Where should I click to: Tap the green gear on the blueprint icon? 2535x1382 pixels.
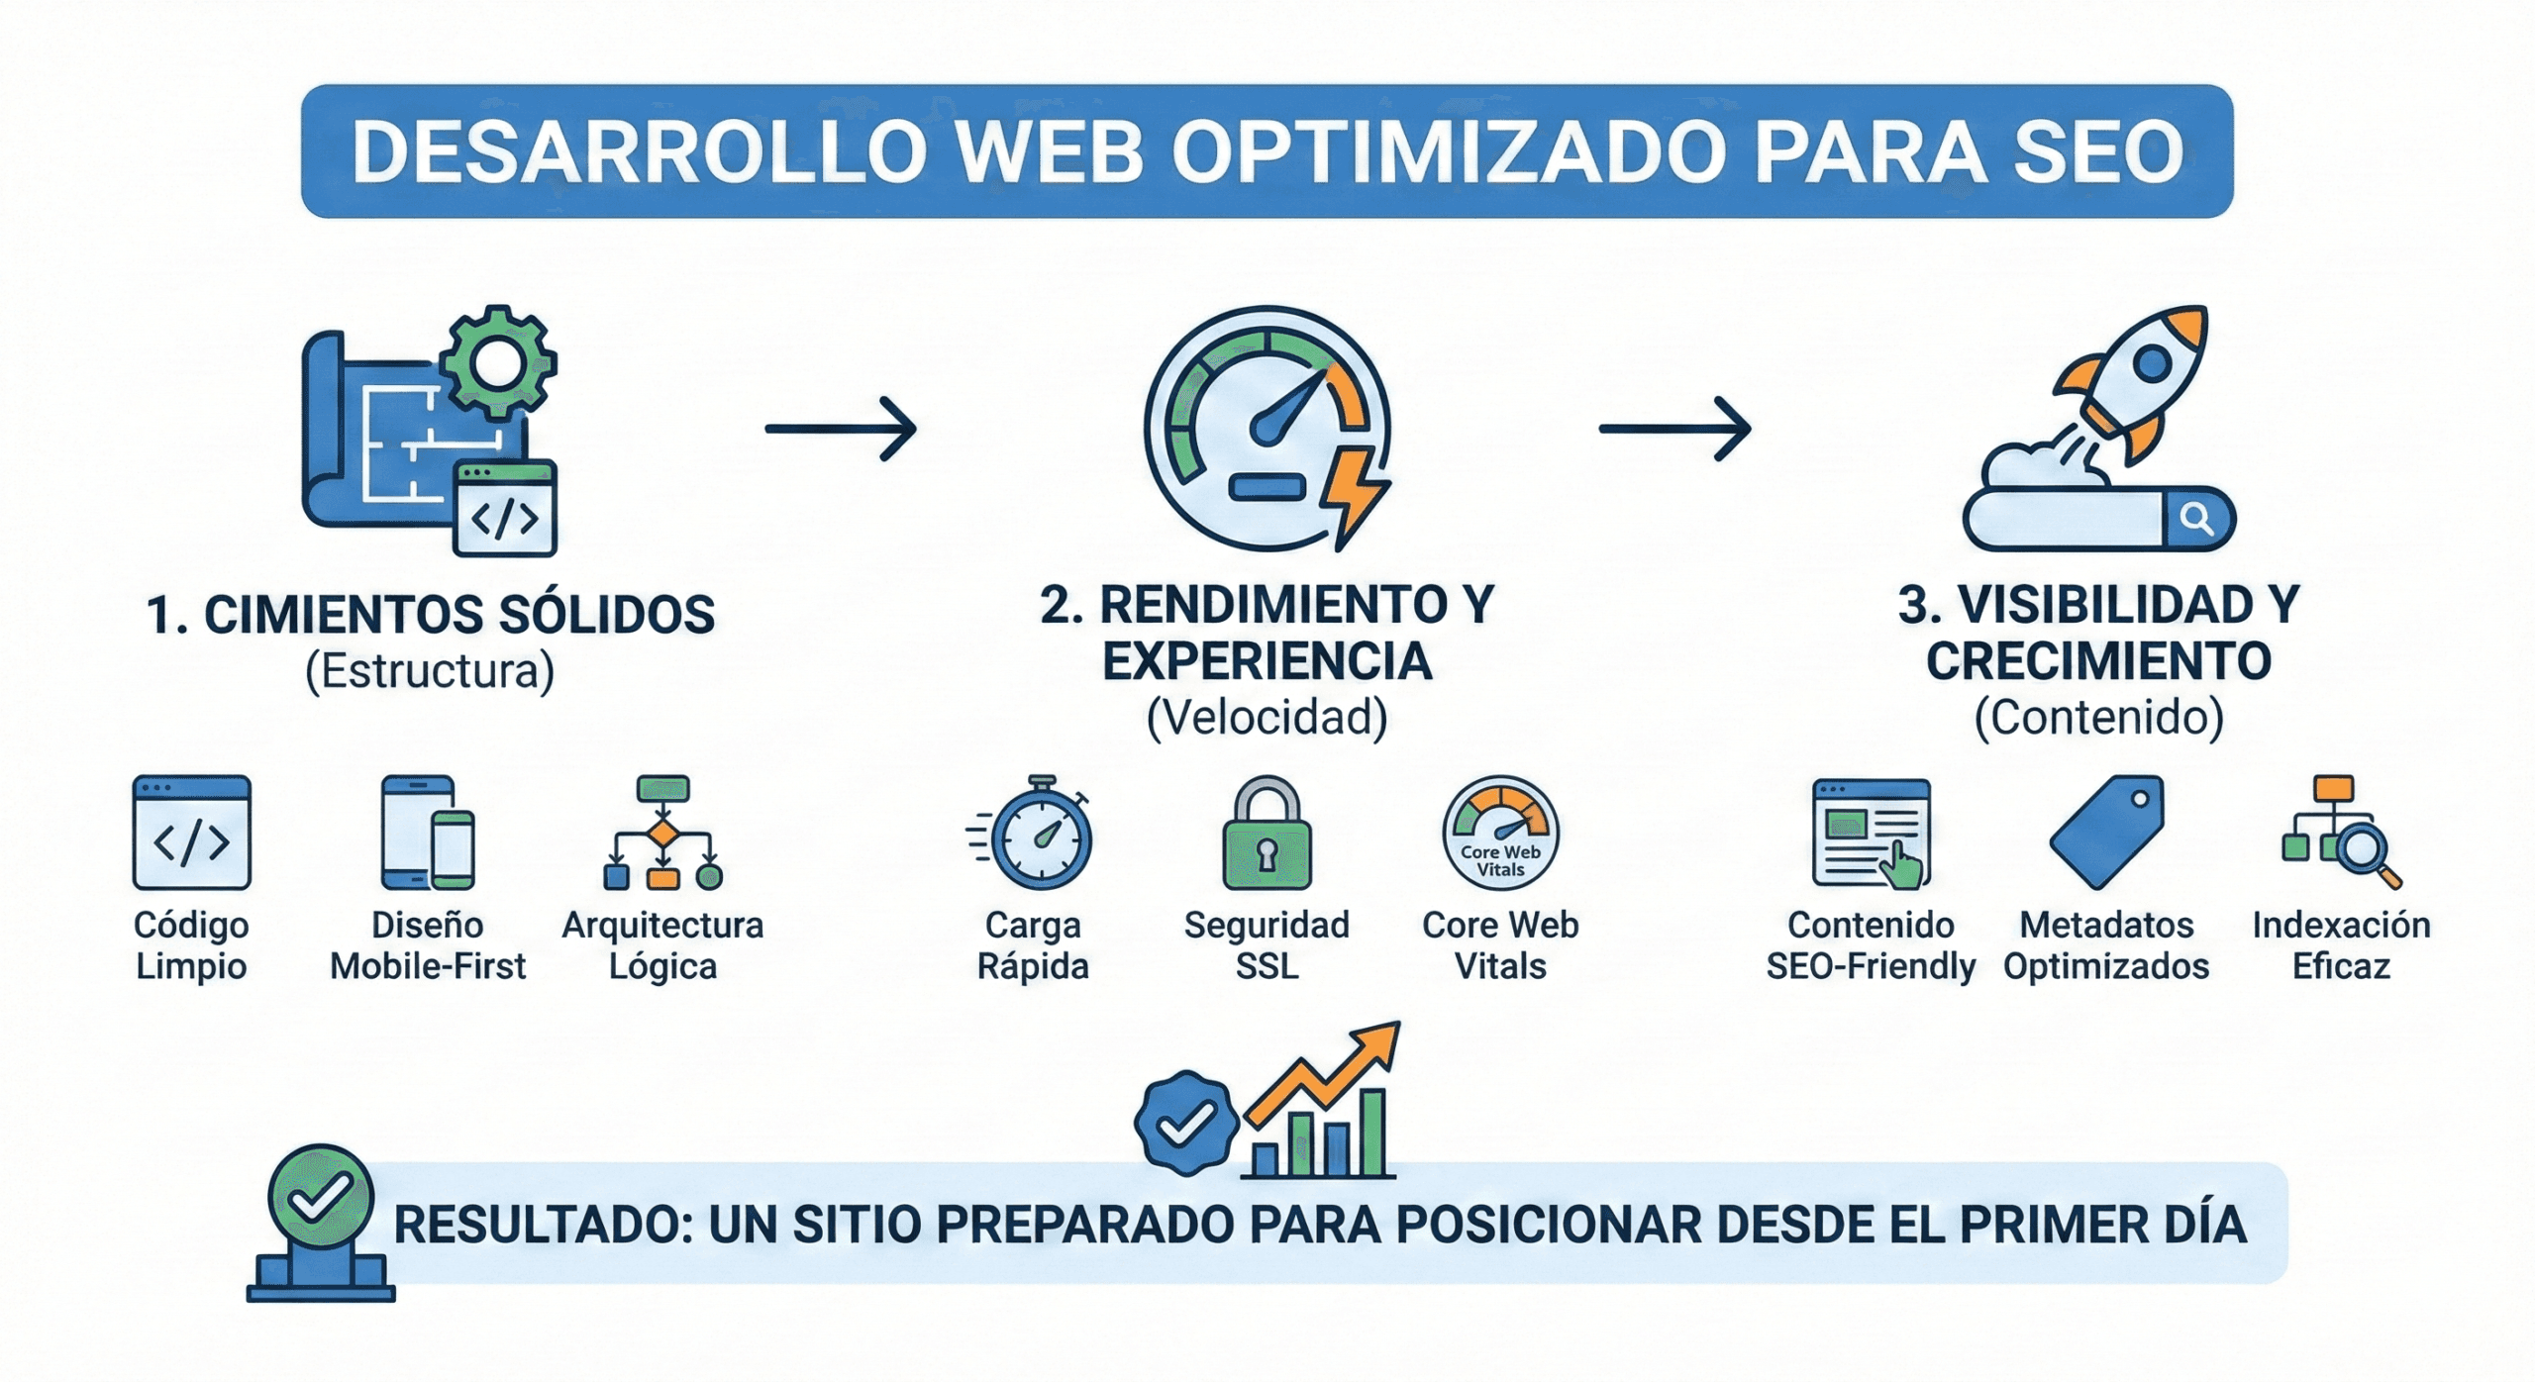(498, 362)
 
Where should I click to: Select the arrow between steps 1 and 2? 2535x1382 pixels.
(841, 429)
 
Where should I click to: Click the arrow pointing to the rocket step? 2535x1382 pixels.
(1674, 429)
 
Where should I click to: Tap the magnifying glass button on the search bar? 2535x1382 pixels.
(2196, 519)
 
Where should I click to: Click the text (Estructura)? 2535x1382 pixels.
(429, 671)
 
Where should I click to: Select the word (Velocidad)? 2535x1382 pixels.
(1267, 718)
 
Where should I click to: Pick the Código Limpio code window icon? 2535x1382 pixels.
(191, 833)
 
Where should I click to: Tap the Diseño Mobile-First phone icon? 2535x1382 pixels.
(428, 833)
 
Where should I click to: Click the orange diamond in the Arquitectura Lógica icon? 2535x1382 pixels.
(662, 834)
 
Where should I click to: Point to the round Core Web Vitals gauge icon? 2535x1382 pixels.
(1500, 834)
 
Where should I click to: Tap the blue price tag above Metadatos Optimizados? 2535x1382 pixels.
(2106, 832)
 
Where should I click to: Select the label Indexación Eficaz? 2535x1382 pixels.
(2341, 945)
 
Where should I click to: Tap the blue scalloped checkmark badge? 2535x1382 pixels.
(1186, 1123)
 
